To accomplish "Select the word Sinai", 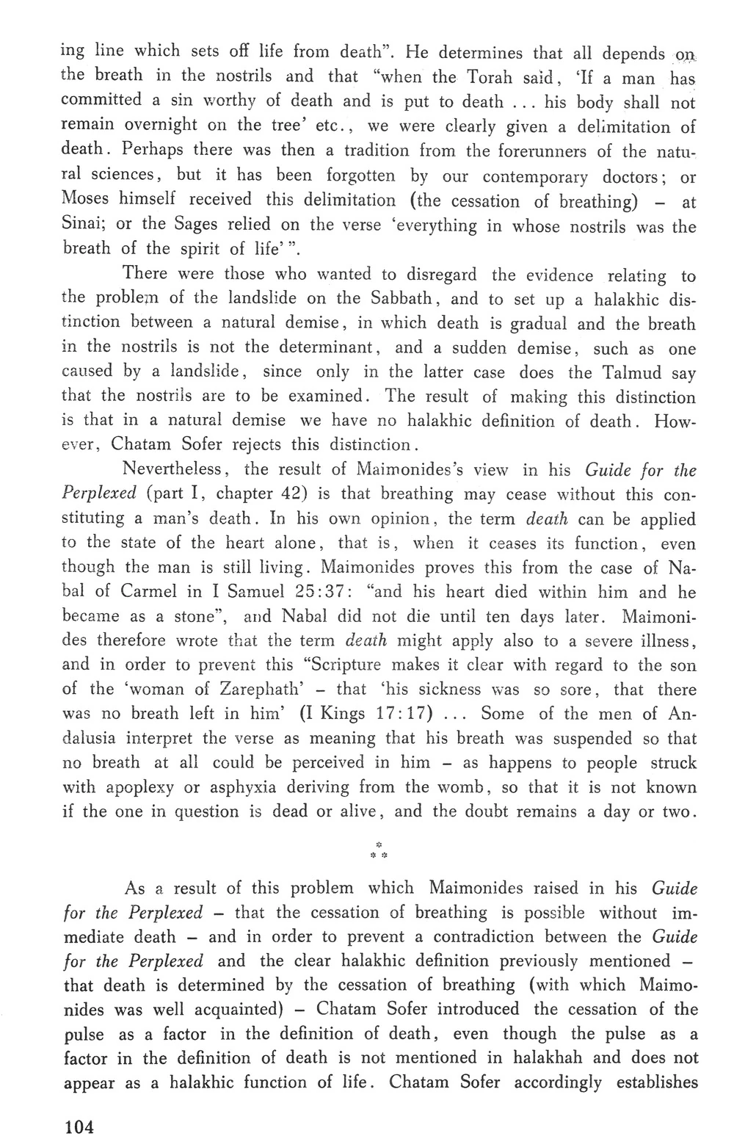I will pos(82,225).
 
